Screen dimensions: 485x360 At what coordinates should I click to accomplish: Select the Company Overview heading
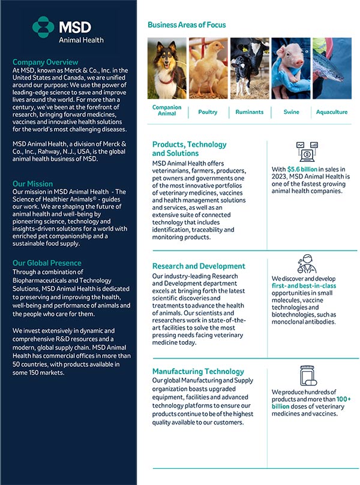tap(45, 62)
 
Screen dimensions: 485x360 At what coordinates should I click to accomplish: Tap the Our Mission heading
tap(32, 184)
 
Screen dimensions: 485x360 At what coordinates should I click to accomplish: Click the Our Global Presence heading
tap(47, 263)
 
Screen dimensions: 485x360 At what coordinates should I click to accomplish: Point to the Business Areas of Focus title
tap(187, 25)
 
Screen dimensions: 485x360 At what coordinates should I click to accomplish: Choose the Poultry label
tap(208, 112)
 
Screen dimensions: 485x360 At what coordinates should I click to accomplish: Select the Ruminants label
tap(250, 112)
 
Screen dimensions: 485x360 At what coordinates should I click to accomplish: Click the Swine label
tap(291, 112)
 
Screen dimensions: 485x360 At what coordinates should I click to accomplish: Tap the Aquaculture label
tap(332, 112)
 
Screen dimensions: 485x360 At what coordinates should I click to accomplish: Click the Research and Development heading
tap(199, 266)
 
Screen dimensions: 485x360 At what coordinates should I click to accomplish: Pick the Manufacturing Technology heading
tap(198, 372)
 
